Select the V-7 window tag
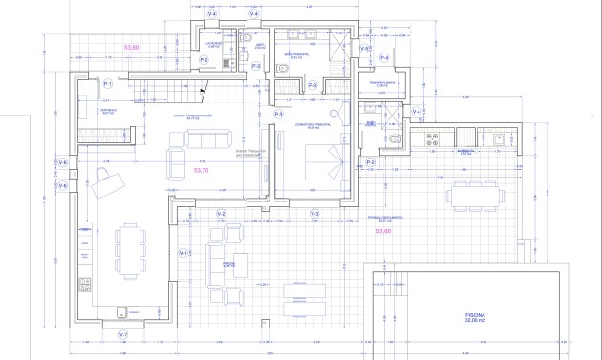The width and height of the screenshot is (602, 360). pyautogui.click(x=122, y=335)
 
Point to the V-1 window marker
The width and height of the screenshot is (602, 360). pyautogui.click(x=183, y=252)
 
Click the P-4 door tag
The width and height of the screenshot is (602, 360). pyautogui.click(x=384, y=58)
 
